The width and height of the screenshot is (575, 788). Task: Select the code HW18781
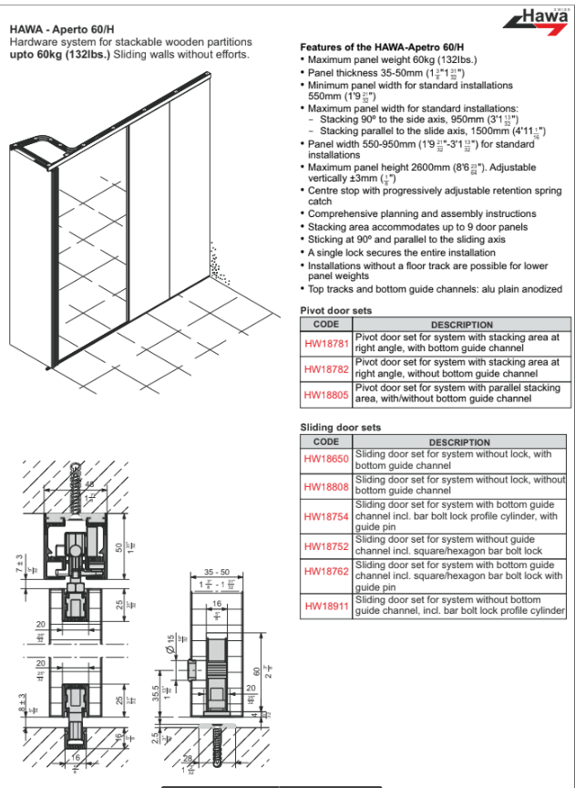326,342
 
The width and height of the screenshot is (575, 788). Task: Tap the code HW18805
326,393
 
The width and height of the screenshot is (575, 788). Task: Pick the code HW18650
326,459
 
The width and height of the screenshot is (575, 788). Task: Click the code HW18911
326,606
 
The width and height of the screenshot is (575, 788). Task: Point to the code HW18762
326,575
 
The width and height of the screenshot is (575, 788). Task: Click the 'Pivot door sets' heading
336,311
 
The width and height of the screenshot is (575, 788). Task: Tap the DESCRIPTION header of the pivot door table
462,325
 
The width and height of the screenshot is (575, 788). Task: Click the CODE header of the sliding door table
325,442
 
